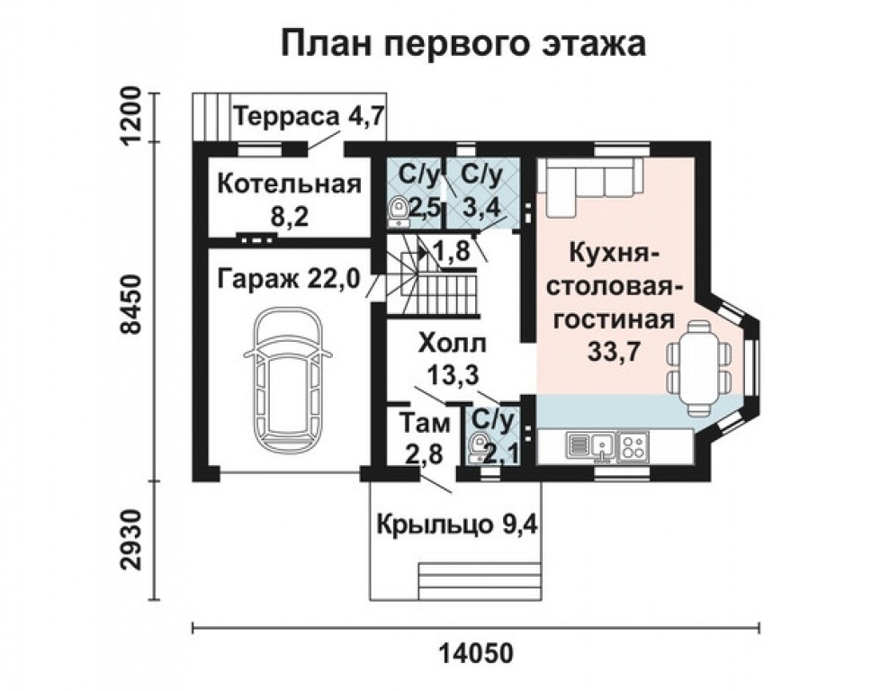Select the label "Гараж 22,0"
289,281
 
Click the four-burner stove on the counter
633,444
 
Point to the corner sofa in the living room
589,184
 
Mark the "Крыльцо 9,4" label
457,524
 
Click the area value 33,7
613,351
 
